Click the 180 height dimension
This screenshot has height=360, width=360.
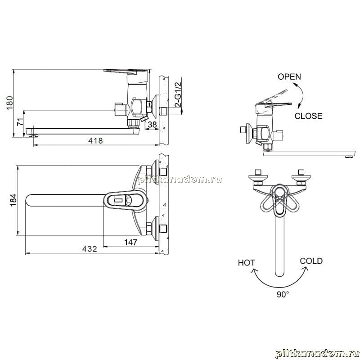click(x=9, y=103)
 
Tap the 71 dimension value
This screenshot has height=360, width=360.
click(x=20, y=122)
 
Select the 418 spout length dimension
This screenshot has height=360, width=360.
click(x=95, y=140)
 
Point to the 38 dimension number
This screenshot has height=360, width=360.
click(x=152, y=125)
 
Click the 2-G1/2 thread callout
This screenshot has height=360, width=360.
click(x=178, y=94)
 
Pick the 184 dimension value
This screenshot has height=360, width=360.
click(x=13, y=200)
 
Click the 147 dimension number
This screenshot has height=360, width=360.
click(x=130, y=242)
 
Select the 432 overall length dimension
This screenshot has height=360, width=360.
click(x=90, y=249)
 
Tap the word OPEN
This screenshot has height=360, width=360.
click(x=289, y=76)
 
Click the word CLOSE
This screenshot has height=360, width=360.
click(x=308, y=116)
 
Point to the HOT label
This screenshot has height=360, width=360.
click(x=246, y=263)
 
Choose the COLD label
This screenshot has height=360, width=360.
click(x=311, y=261)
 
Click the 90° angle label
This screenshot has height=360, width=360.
click(x=283, y=294)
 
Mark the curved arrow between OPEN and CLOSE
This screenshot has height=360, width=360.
click(x=302, y=95)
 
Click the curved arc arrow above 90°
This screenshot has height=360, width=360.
click(x=280, y=287)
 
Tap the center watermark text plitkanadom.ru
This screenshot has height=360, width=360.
click(x=180, y=179)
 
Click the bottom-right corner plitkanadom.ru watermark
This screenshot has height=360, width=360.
click(x=318, y=354)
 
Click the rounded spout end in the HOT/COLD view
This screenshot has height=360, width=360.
click(x=279, y=273)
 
